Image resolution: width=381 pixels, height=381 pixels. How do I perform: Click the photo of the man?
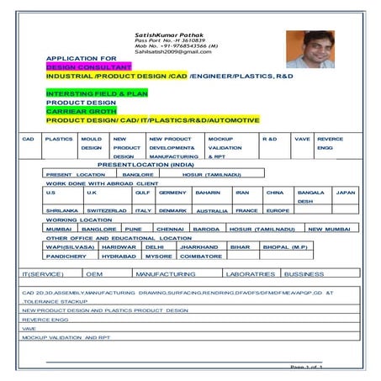pyautogui.click(x=310, y=50)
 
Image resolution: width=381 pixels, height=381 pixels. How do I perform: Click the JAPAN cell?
pyautogui.click(x=346, y=193)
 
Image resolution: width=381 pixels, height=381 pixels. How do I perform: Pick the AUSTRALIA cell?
pyautogui.click(x=212, y=211)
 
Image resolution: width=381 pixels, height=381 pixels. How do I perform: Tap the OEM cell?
pyautogui.click(x=94, y=274)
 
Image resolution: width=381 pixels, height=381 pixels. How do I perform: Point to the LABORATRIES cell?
pyautogui.click(x=251, y=274)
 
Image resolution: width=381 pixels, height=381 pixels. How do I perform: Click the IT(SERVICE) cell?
pyautogui.click(x=42, y=274)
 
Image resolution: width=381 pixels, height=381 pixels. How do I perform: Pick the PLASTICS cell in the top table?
pyautogui.click(x=59, y=138)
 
